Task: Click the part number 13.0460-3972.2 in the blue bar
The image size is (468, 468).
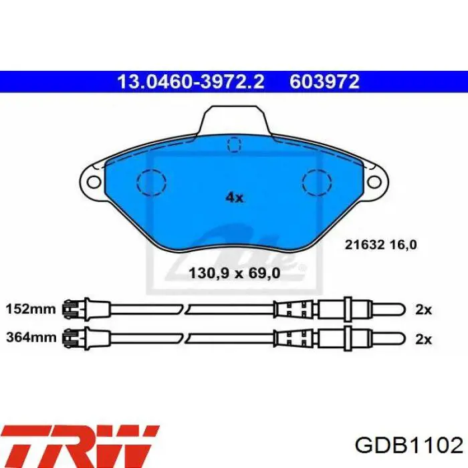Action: click(x=191, y=82)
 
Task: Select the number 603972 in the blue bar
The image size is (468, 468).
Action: click(x=324, y=82)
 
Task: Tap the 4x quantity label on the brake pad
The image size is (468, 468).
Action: click(x=234, y=197)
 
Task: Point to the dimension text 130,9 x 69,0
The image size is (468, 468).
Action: click(x=235, y=273)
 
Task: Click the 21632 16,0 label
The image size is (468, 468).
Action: click(x=381, y=245)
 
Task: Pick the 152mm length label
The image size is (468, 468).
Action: click(x=31, y=309)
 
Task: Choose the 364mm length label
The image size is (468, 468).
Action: click(x=31, y=338)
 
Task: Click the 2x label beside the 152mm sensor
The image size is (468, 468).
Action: click(x=423, y=310)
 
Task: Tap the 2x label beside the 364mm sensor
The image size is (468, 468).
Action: click(x=423, y=339)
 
